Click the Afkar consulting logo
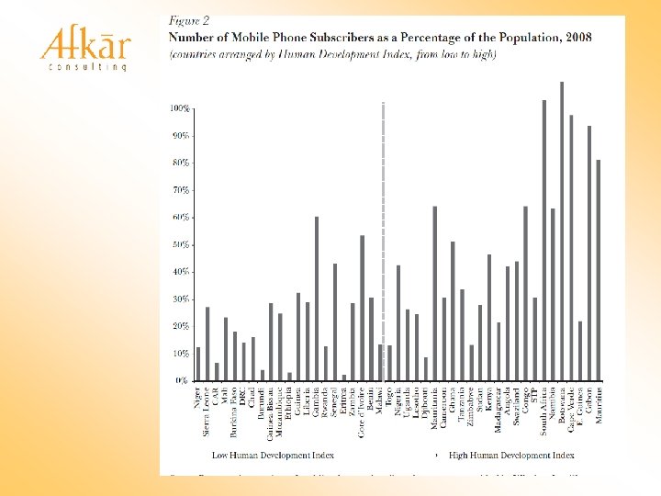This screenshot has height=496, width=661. click(x=84, y=48)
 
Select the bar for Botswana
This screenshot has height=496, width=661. click(x=562, y=231)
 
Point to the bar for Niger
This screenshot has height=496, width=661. click(x=198, y=363)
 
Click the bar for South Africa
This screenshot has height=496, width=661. click(x=543, y=240)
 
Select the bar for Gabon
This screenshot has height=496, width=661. click(x=588, y=253)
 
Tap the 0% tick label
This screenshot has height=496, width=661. click(x=183, y=380)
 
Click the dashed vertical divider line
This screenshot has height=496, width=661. click(x=381, y=230)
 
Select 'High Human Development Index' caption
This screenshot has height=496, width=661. click(x=511, y=454)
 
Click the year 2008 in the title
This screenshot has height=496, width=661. click(x=577, y=37)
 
